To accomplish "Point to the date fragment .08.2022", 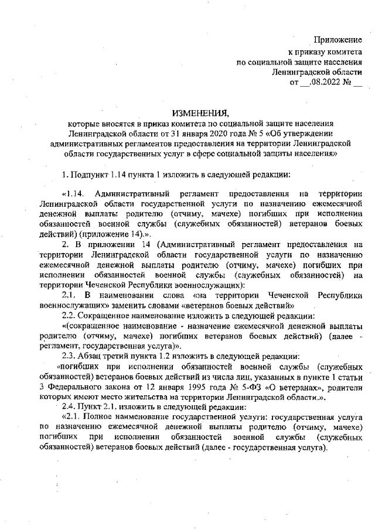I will tap(325, 81).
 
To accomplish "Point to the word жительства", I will tap(144, 396).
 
